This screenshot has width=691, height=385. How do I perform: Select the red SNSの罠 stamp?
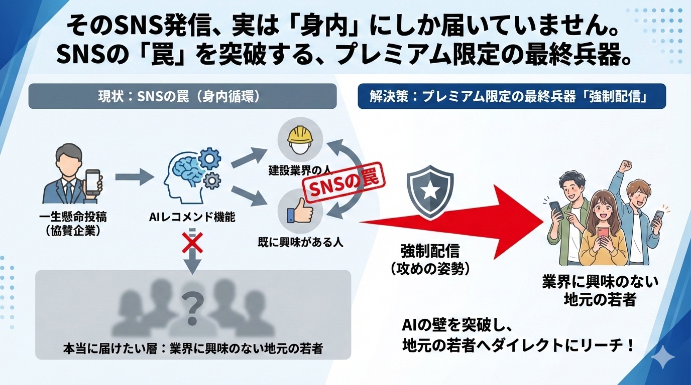tap(343, 185)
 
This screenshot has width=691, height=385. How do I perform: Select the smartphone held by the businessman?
tap(93, 181)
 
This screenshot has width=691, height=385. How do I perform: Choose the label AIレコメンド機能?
tap(193, 217)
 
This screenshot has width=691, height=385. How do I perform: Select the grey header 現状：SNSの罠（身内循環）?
tap(182, 96)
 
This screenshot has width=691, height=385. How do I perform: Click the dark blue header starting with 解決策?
tap(512, 96)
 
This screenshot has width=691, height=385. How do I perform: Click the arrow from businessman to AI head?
tap(135, 176)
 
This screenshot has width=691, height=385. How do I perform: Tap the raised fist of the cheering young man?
tap(625, 165)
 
